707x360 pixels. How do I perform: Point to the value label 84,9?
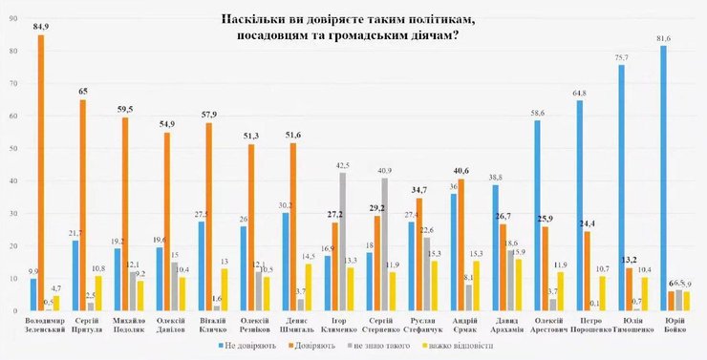pos(41,28)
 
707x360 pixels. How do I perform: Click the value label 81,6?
pos(662,38)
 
